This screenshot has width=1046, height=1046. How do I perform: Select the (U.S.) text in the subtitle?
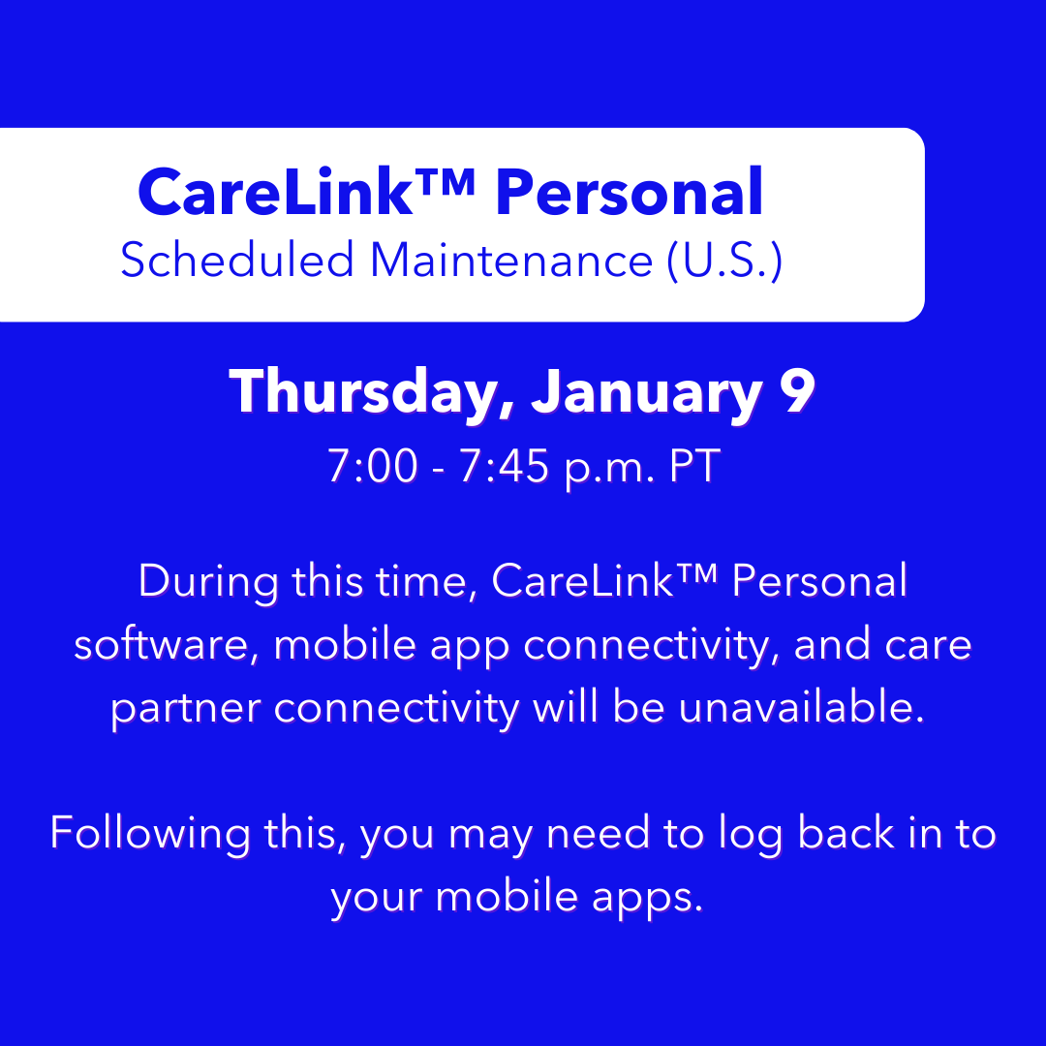(x=724, y=261)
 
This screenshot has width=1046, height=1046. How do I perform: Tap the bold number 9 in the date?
(x=796, y=392)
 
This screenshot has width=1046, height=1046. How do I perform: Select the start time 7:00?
(x=373, y=467)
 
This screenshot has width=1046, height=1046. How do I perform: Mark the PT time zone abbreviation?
(x=690, y=467)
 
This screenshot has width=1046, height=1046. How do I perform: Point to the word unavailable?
(x=796, y=707)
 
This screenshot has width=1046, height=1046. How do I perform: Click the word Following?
(x=148, y=834)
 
